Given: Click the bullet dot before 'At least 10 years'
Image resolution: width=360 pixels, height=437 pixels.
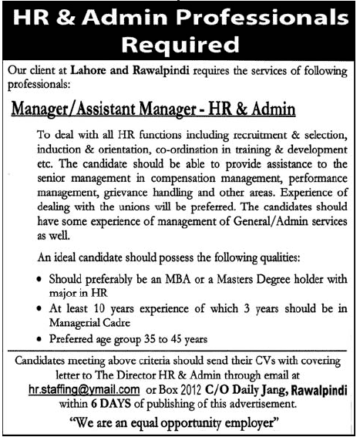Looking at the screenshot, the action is [39, 308].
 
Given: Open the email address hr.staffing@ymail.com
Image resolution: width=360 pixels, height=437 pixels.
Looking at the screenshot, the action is [82, 389].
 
